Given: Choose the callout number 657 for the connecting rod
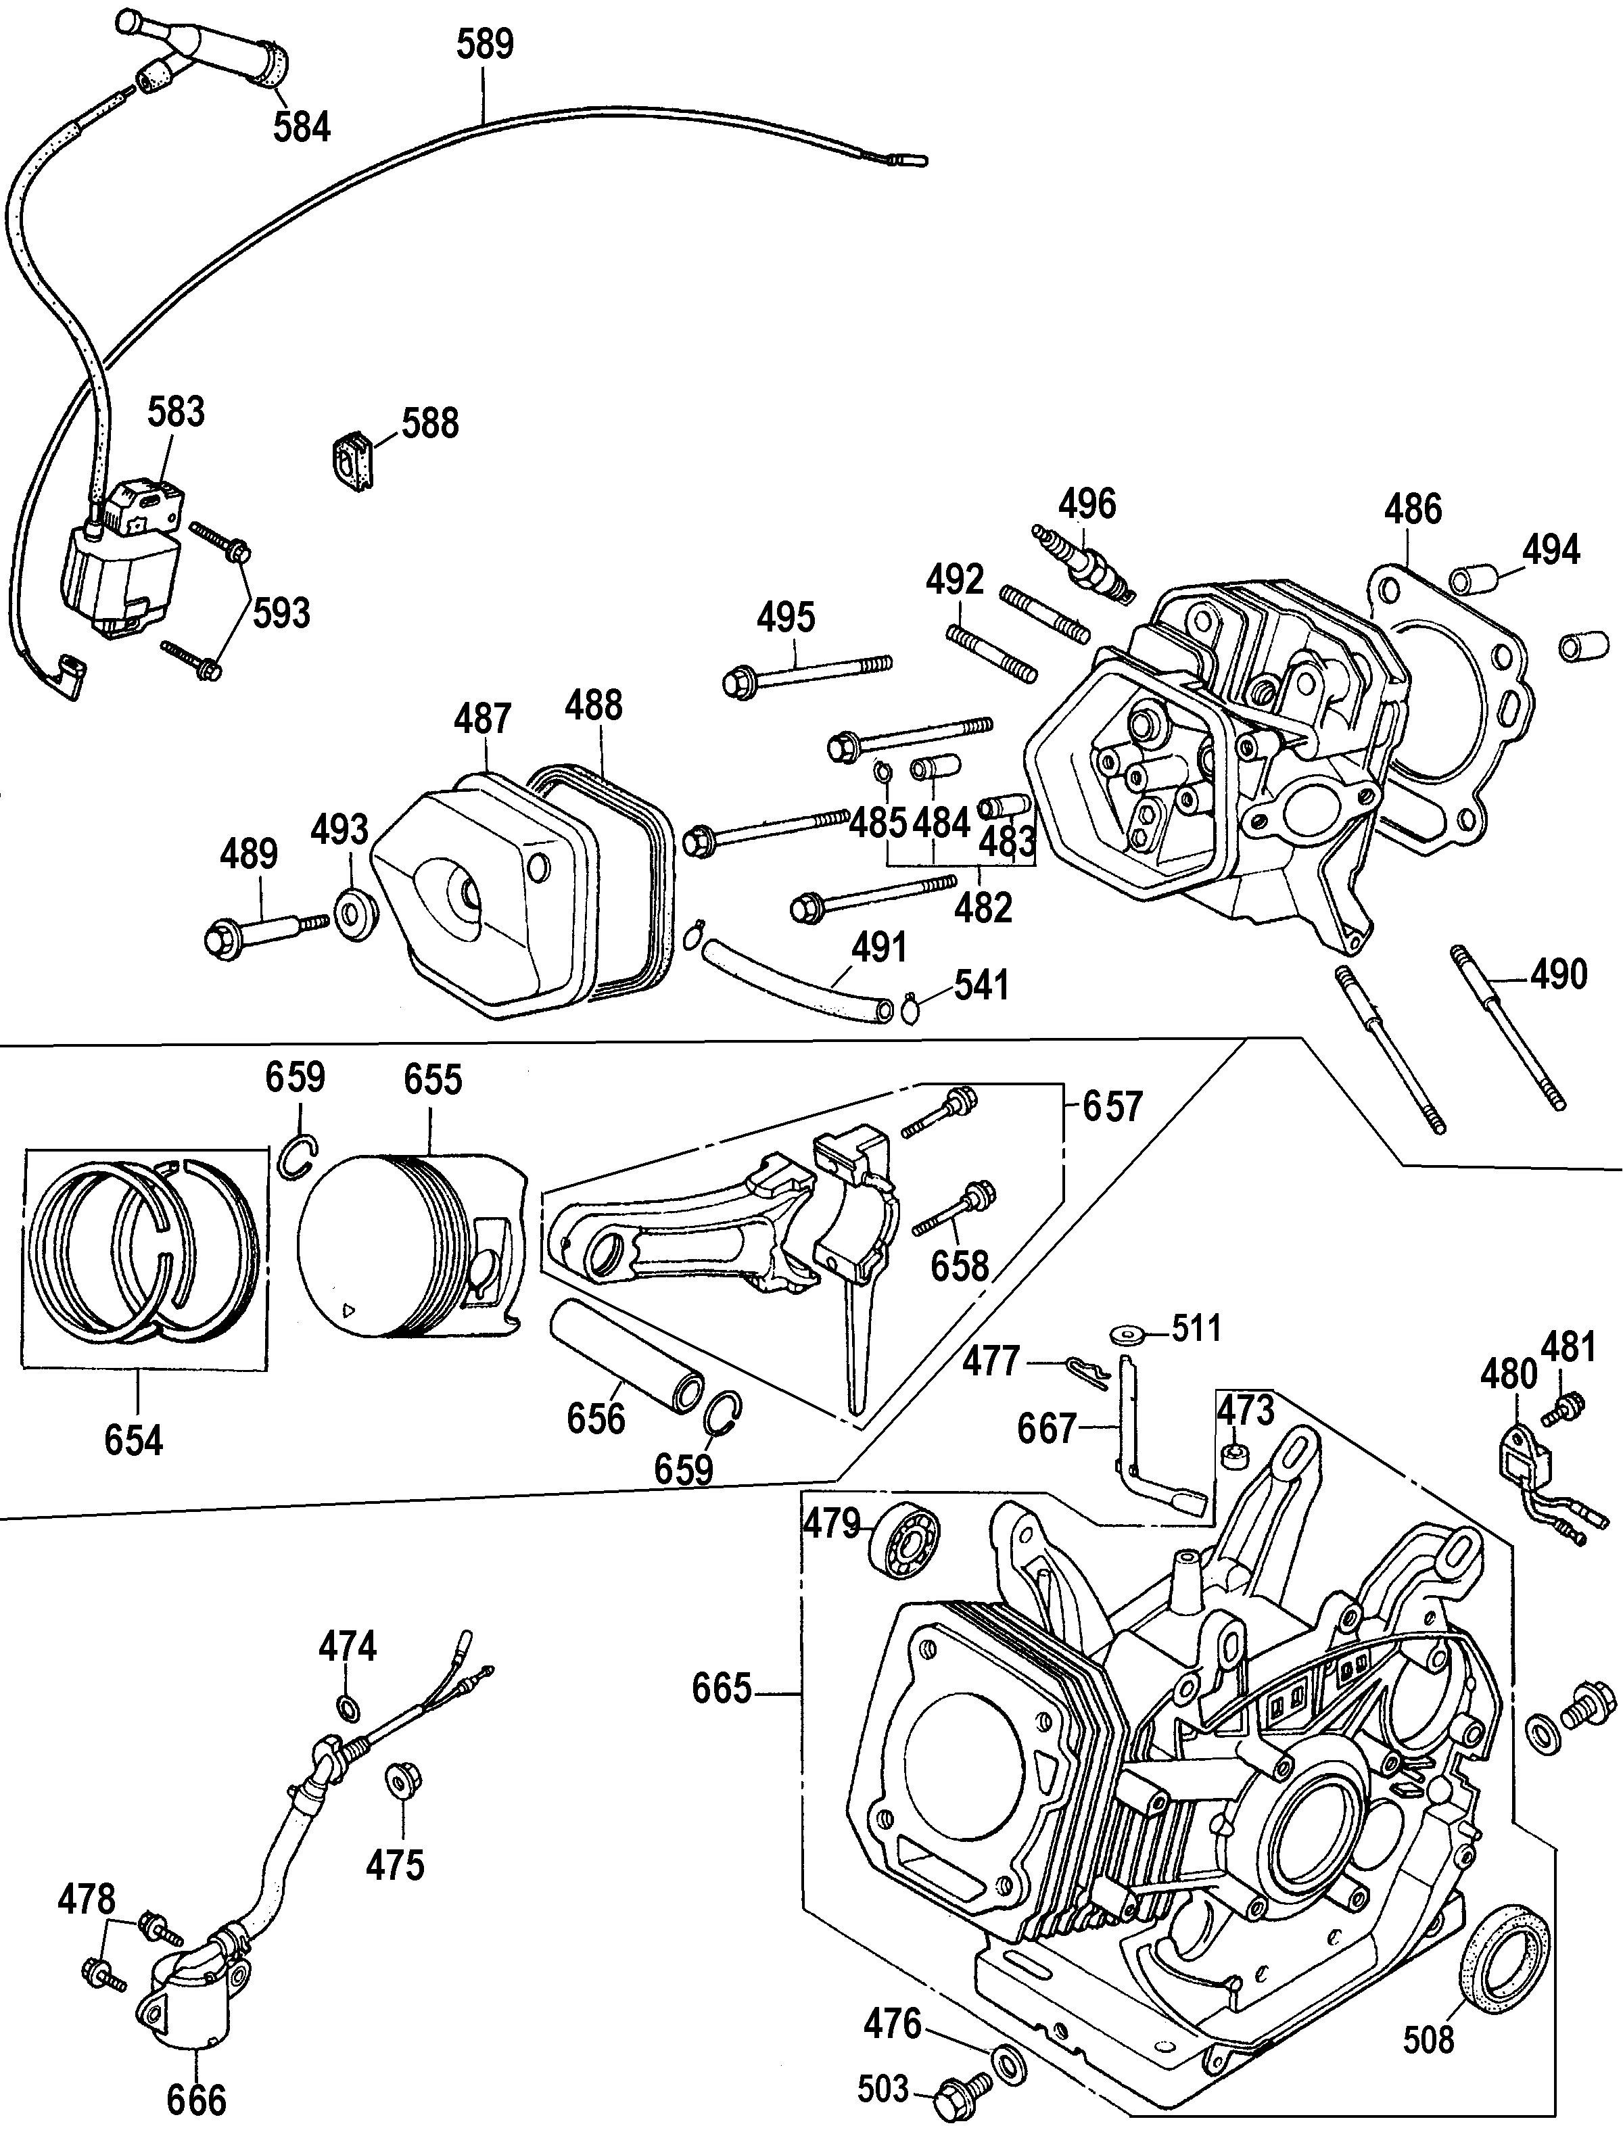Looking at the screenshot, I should pos(1112,1107).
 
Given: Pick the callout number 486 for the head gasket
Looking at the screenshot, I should pos(1413,509).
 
